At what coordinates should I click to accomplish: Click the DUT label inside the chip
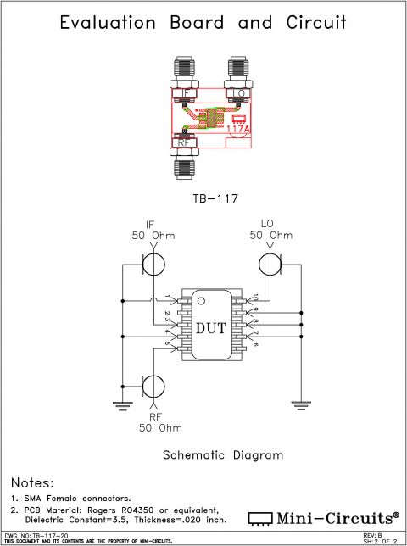(x=211, y=328)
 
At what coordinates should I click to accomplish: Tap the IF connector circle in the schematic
(x=154, y=262)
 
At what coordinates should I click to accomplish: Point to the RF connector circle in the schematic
(x=154, y=387)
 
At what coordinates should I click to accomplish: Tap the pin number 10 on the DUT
(x=255, y=297)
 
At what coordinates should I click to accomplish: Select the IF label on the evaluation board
(x=186, y=93)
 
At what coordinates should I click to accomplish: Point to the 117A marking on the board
(x=238, y=129)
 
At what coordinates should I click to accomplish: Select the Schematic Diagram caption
(x=222, y=455)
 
